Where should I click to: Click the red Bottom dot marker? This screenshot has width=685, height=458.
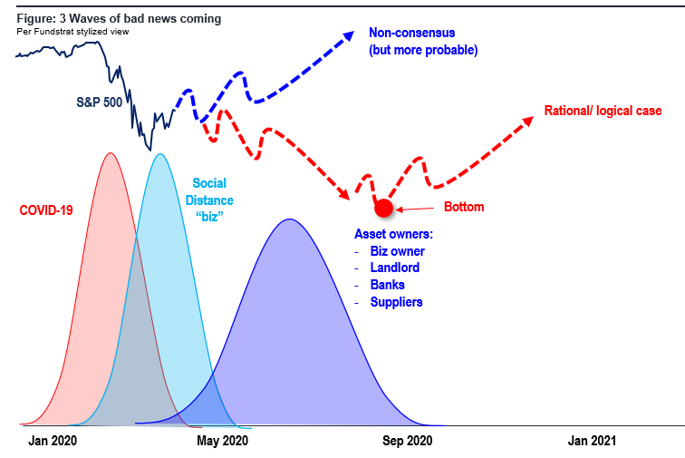[383, 209]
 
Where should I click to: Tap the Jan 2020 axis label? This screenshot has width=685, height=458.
[53, 441]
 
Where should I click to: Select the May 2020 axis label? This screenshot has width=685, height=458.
[222, 441]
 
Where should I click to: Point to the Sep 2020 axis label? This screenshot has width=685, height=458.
[407, 441]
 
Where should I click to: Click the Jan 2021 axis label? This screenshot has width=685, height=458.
[592, 441]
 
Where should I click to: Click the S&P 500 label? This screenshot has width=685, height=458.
[99, 102]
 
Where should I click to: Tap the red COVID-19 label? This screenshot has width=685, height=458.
[46, 210]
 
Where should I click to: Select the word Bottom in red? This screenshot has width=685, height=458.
[464, 207]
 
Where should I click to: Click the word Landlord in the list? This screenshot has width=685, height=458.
[395, 268]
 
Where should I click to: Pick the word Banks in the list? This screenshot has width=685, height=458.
[388, 285]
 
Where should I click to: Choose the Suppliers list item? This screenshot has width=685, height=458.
[397, 302]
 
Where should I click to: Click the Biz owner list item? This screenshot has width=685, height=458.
[398, 251]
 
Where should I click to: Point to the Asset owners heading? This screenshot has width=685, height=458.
[393, 234]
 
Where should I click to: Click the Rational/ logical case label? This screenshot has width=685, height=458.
[603, 111]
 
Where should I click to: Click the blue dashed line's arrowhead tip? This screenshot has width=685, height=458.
[354, 32]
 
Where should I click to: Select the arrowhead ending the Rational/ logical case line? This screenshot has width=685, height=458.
[533, 117]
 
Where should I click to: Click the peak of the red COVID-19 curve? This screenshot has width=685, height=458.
[111, 152]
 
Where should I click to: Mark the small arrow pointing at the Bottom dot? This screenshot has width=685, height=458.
[415, 210]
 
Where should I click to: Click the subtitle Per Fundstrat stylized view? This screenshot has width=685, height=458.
[73, 32]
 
